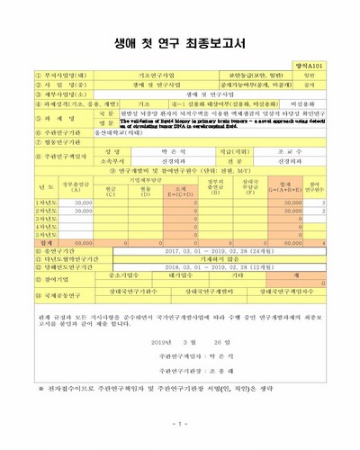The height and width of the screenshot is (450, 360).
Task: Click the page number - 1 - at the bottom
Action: [180, 423]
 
